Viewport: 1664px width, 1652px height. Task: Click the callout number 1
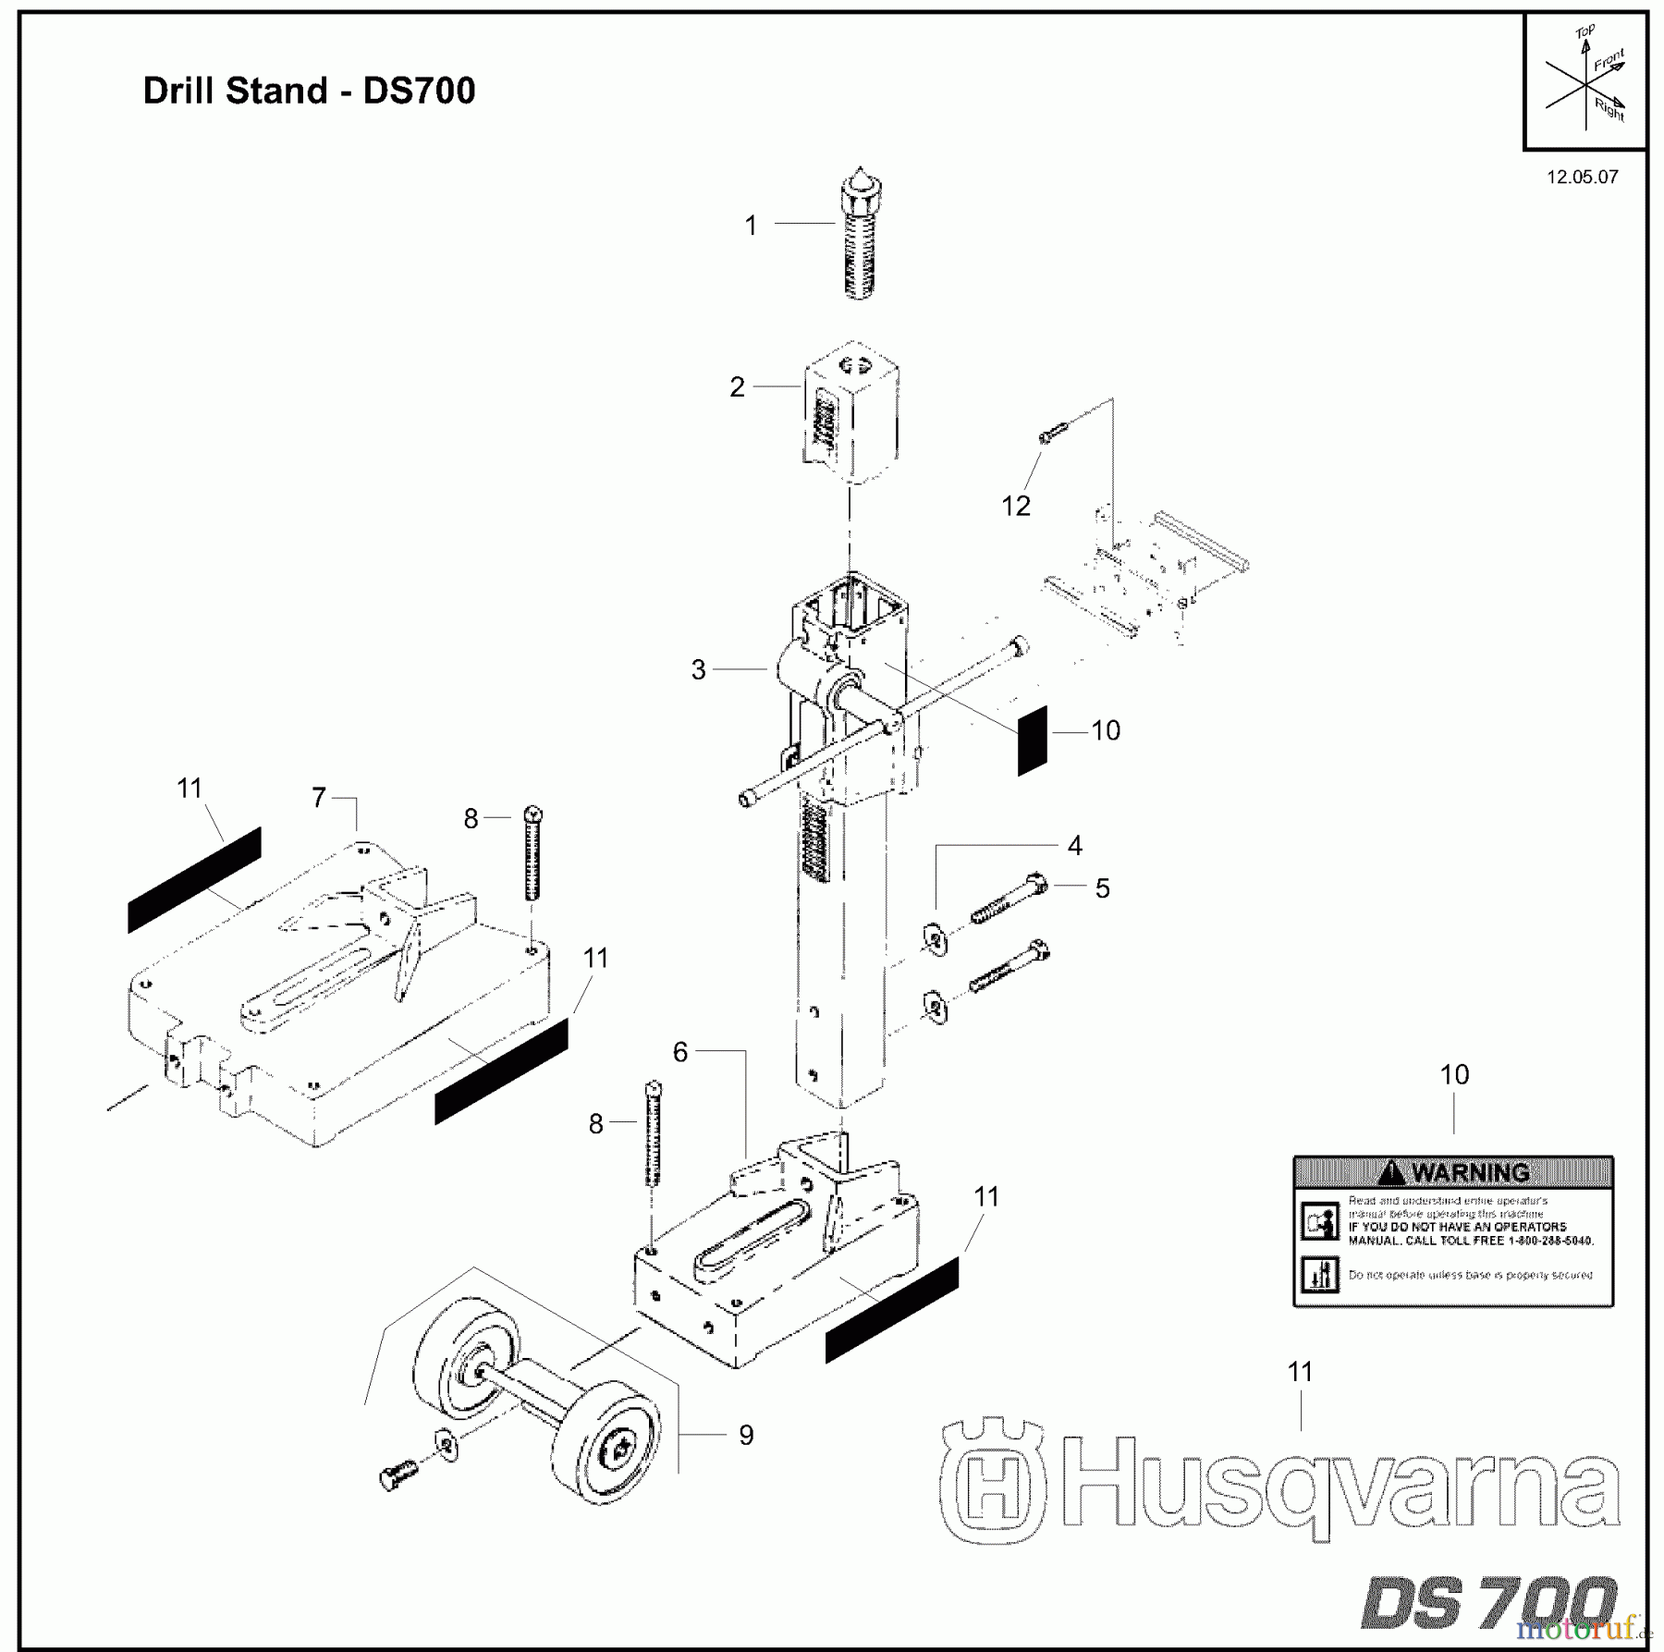tap(751, 226)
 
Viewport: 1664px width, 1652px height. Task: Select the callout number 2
tap(737, 386)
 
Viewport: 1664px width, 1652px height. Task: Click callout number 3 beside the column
tap(699, 669)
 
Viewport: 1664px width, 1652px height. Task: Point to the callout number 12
tap(1016, 506)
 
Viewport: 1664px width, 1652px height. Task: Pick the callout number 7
tap(319, 797)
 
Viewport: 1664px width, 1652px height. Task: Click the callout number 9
tap(746, 1435)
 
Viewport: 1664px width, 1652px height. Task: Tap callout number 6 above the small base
tap(680, 1052)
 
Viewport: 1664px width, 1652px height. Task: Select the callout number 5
tap(1102, 888)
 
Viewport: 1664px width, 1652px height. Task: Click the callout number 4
tap(1074, 845)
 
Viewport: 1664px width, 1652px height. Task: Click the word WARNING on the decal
tap(1470, 1173)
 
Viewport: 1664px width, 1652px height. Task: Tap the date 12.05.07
tap(1583, 177)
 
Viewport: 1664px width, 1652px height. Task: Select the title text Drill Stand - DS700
tap(309, 91)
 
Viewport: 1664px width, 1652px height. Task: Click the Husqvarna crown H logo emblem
tap(993, 1479)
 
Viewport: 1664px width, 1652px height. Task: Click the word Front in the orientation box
tap(1609, 61)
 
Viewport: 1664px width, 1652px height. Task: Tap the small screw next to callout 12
tap(1054, 432)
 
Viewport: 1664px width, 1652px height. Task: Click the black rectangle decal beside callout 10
tap(1033, 740)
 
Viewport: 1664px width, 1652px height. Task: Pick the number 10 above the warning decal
tap(1454, 1074)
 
